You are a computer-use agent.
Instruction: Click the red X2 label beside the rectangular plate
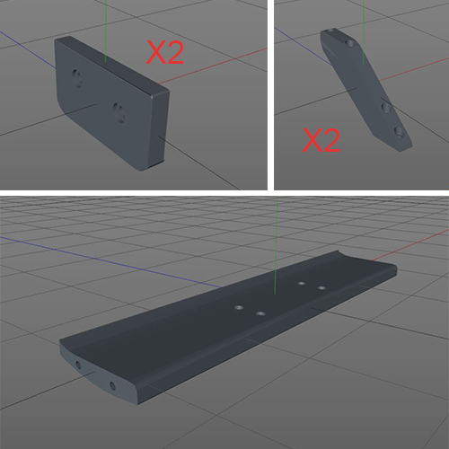[x=165, y=53]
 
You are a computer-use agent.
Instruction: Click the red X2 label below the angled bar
[x=321, y=139]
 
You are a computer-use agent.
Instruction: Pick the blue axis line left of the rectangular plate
[x=27, y=45]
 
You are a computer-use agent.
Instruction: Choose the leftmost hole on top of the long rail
[x=241, y=307]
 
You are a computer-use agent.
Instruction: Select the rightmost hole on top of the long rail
[x=321, y=287]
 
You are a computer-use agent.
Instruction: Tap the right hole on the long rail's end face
[x=113, y=386]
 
